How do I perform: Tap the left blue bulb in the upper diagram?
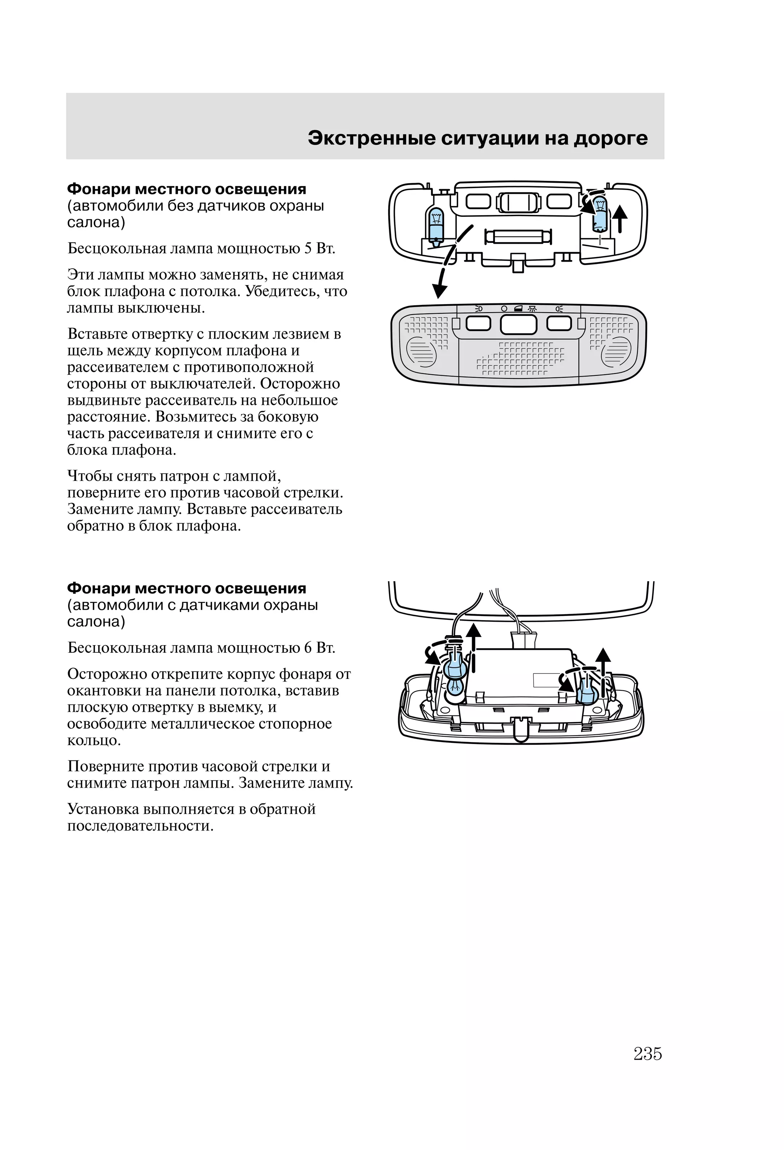[x=436, y=224]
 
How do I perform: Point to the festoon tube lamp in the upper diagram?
[x=518, y=236]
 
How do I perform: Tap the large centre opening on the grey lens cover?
[x=518, y=324]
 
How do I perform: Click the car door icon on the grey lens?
[x=518, y=309]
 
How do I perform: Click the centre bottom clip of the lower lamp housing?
[x=520, y=729]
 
